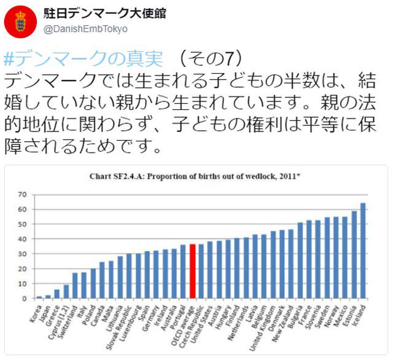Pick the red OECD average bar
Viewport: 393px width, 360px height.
pos(192,271)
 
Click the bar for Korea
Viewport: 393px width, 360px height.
pos(39,297)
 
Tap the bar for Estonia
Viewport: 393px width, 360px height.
pos(354,254)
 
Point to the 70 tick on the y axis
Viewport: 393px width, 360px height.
pos(23,194)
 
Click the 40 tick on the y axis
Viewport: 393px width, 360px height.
pos(23,239)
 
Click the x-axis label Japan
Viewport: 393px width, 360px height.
pos(42,310)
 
